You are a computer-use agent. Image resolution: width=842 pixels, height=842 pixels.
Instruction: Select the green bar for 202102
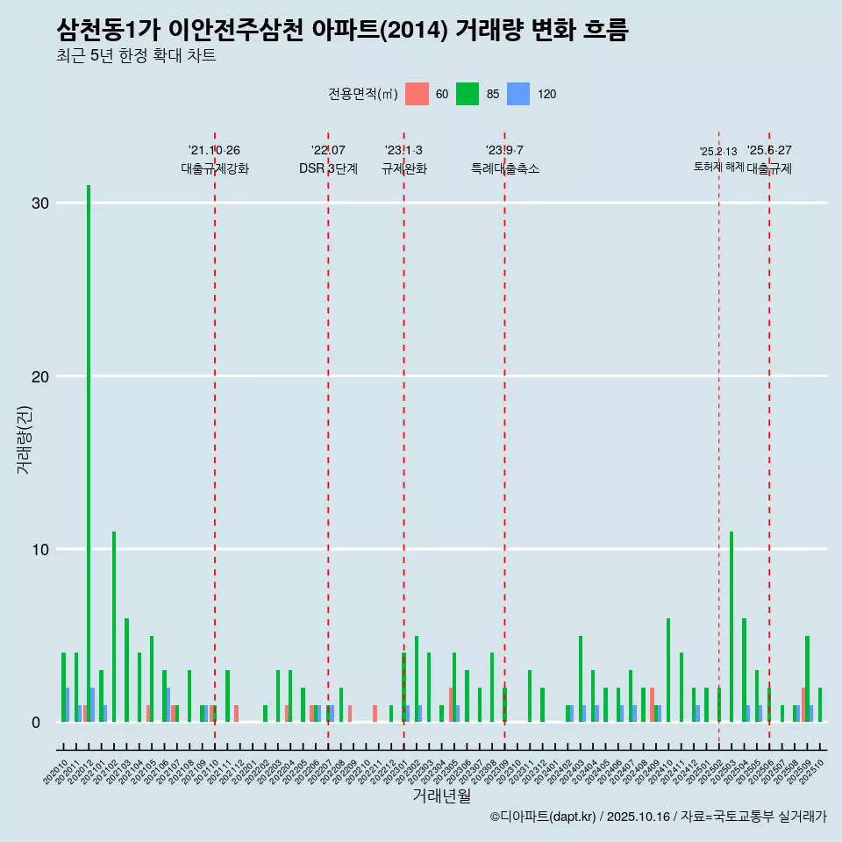tap(114, 626)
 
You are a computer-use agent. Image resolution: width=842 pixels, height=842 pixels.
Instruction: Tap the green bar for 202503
tap(731, 626)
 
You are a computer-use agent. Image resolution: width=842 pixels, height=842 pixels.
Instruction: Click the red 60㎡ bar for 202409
tap(653, 705)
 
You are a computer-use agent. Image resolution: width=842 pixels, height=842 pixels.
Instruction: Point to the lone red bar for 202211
tap(375, 714)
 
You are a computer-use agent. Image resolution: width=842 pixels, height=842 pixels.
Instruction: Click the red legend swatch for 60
tap(417, 94)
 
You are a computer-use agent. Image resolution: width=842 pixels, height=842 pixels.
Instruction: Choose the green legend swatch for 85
tap(467, 94)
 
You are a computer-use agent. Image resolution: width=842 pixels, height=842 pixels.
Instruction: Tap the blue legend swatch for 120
tap(518, 94)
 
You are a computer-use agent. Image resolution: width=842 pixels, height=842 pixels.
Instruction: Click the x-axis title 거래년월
tap(441, 796)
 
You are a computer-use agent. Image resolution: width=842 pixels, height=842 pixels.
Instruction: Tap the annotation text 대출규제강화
tap(215, 168)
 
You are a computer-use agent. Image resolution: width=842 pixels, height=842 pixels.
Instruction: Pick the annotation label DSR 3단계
tap(328, 168)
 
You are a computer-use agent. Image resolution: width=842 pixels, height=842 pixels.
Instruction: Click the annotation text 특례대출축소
tap(504, 168)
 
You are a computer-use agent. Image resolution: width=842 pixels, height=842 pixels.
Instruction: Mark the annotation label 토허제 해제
tap(718, 167)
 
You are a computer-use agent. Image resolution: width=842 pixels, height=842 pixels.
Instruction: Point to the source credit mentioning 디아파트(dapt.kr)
tap(658, 817)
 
